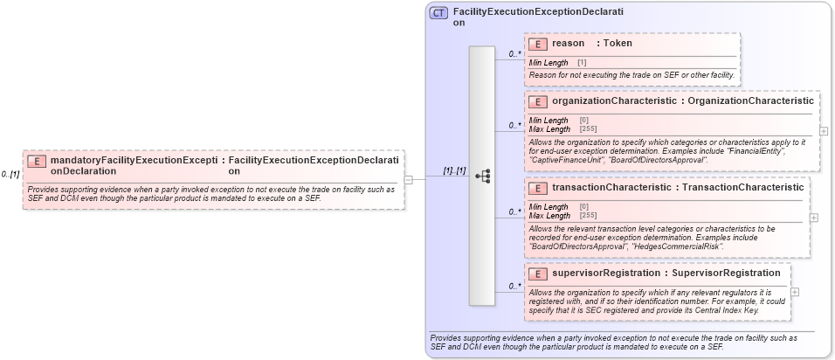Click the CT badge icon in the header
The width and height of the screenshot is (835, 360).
point(439,13)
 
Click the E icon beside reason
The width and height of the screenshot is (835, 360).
point(540,44)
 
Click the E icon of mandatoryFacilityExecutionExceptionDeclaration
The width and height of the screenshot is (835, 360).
point(38,161)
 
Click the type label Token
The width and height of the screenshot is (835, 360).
point(618,44)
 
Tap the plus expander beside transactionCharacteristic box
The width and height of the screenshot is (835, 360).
point(814,218)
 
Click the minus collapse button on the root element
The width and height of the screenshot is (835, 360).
point(408,179)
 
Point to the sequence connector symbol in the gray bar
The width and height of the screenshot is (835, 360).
point(482,177)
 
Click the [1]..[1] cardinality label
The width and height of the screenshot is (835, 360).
point(454,171)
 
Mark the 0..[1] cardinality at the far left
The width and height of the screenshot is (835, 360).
point(10,174)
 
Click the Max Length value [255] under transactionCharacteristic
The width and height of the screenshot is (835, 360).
point(588,215)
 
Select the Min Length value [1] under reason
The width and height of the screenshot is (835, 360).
point(582,63)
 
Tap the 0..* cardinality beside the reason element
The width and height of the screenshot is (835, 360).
point(515,54)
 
